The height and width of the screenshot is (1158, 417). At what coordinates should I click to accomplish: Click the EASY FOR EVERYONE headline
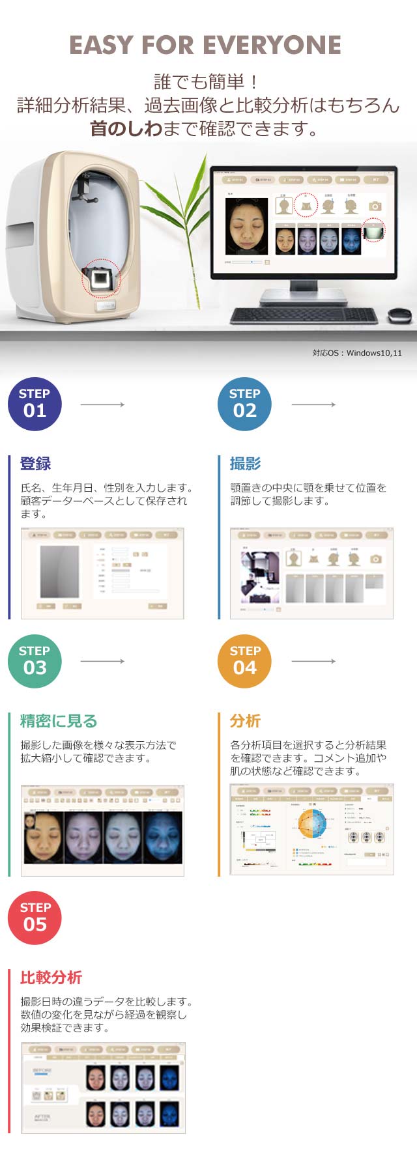205,45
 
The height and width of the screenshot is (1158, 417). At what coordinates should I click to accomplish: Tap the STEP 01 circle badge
35,404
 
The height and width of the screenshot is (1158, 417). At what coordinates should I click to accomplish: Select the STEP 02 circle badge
244,404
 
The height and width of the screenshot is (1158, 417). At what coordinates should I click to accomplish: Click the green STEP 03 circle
35,661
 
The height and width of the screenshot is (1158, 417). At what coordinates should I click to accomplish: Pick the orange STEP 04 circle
244,661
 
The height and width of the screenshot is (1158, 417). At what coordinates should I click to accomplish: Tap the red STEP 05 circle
35,918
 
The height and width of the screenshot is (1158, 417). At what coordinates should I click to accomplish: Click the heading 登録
35,464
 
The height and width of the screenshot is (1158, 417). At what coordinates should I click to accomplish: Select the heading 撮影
245,464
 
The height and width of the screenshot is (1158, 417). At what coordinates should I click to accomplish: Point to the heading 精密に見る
59,721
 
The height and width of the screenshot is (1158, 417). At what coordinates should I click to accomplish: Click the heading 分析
245,721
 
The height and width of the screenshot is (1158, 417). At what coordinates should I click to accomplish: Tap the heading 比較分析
51,978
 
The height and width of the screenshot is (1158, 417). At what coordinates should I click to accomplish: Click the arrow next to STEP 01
102,404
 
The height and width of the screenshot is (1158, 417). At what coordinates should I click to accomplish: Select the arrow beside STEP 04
313,661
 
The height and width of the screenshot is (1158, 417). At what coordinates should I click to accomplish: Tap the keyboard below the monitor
303,316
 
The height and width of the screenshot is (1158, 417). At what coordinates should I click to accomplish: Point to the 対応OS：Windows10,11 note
357,353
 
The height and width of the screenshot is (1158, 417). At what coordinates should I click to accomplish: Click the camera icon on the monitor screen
375,206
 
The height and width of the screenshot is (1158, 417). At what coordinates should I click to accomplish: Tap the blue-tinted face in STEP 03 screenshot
162,838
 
